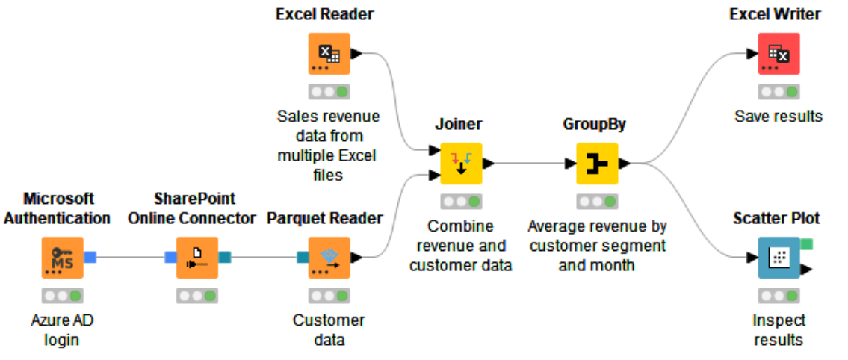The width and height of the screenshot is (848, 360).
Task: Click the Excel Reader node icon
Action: pyautogui.click(x=329, y=53)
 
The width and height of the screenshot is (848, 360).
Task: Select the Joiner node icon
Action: pyautogui.click(x=461, y=163)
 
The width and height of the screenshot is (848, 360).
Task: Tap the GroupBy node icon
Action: pyautogui.click(x=597, y=163)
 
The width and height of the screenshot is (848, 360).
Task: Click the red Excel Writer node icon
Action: pyautogui.click(x=779, y=53)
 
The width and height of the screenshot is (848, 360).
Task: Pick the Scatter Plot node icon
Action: pyautogui.click(x=779, y=258)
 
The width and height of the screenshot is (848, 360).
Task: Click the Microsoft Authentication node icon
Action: pyautogui.click(x=62, y=258)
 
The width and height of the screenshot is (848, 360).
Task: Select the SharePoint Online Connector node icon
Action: pyautogui.click(x=196, y=258)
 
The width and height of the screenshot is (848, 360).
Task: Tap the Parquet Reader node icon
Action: pyautogui.click(x=329, y=258)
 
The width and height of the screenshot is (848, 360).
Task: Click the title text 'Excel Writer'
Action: pyautogui.click(x=776, y=14)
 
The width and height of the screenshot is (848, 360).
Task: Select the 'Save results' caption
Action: pyautogui.click(x=779, y=117)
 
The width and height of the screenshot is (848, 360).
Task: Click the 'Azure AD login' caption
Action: pyautogui.click(x=62, y=330)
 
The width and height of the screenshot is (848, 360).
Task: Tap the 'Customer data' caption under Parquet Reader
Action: pyautogui.click(x=329, y=330)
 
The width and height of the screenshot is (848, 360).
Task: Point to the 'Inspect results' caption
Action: pyautogui.click(x=779, y=330)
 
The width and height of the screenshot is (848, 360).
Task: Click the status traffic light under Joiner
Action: pyautogui.click(x=461, y=202)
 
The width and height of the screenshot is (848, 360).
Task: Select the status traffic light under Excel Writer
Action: pyautogui.click(x=779, y=92)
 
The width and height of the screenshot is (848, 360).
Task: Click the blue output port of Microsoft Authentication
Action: pyautogui.click(x=90, y=258)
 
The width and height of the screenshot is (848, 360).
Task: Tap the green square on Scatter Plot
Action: pyautogui.click(x=806, y=243)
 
